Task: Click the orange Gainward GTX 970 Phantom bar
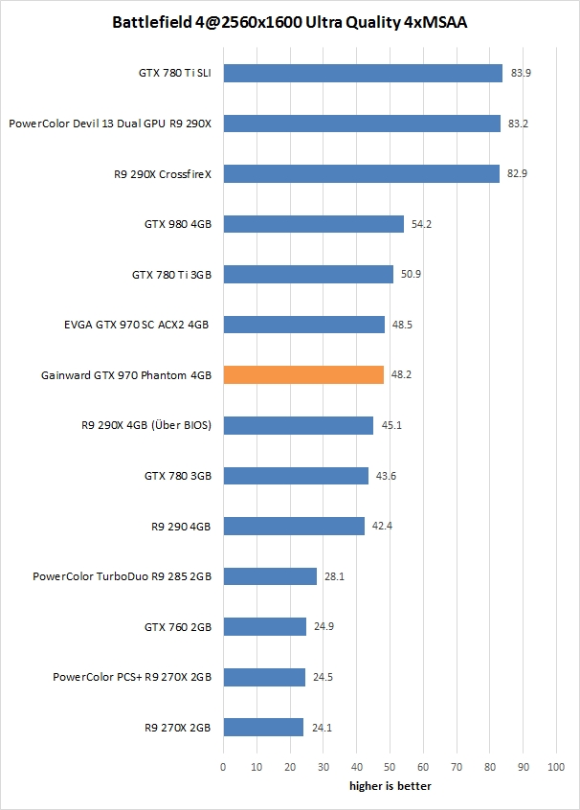coord(303,374)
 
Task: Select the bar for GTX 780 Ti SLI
coord(363,73)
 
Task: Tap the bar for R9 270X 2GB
coord(263,727)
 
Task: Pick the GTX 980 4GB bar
coord(313,224)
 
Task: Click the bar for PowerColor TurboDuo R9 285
coord(270,576)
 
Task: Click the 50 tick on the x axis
coord(390,767)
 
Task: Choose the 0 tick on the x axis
coord(223,767)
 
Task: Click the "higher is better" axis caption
coord(390,786)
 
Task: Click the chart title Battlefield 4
coord(290,20)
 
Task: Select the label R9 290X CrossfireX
coord(162,174)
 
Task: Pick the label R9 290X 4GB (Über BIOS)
coord(148,425)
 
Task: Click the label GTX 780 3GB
coord(178,475)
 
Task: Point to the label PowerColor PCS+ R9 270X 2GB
coord(132,677)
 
